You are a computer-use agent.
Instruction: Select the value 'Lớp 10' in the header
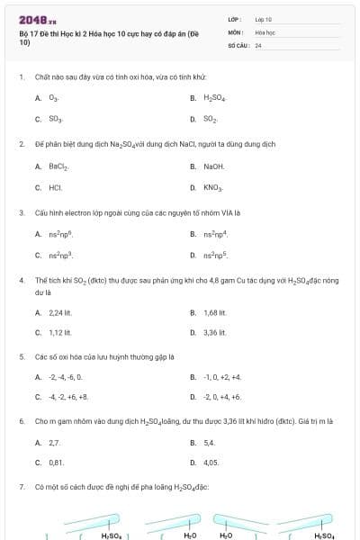(x=264, y=19)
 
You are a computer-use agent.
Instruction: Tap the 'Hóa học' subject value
(x=265, y=31)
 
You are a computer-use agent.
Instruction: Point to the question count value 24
(x=258, y=44)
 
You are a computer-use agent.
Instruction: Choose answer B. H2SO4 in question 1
(x=214, y=97)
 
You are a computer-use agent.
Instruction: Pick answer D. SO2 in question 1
(x=210, y=119)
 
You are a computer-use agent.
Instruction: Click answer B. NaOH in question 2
(x=213, y=166)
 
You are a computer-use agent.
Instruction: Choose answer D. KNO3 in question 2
(x=212, y=188)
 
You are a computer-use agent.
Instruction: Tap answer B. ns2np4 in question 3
(x=212, y=235)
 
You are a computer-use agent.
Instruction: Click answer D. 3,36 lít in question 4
(x=214, y=333)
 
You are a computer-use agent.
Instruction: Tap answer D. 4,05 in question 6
(x=211, y=463)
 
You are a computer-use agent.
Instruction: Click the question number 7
(x=21, y=487)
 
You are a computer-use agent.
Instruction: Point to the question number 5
(x=21, y=355)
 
